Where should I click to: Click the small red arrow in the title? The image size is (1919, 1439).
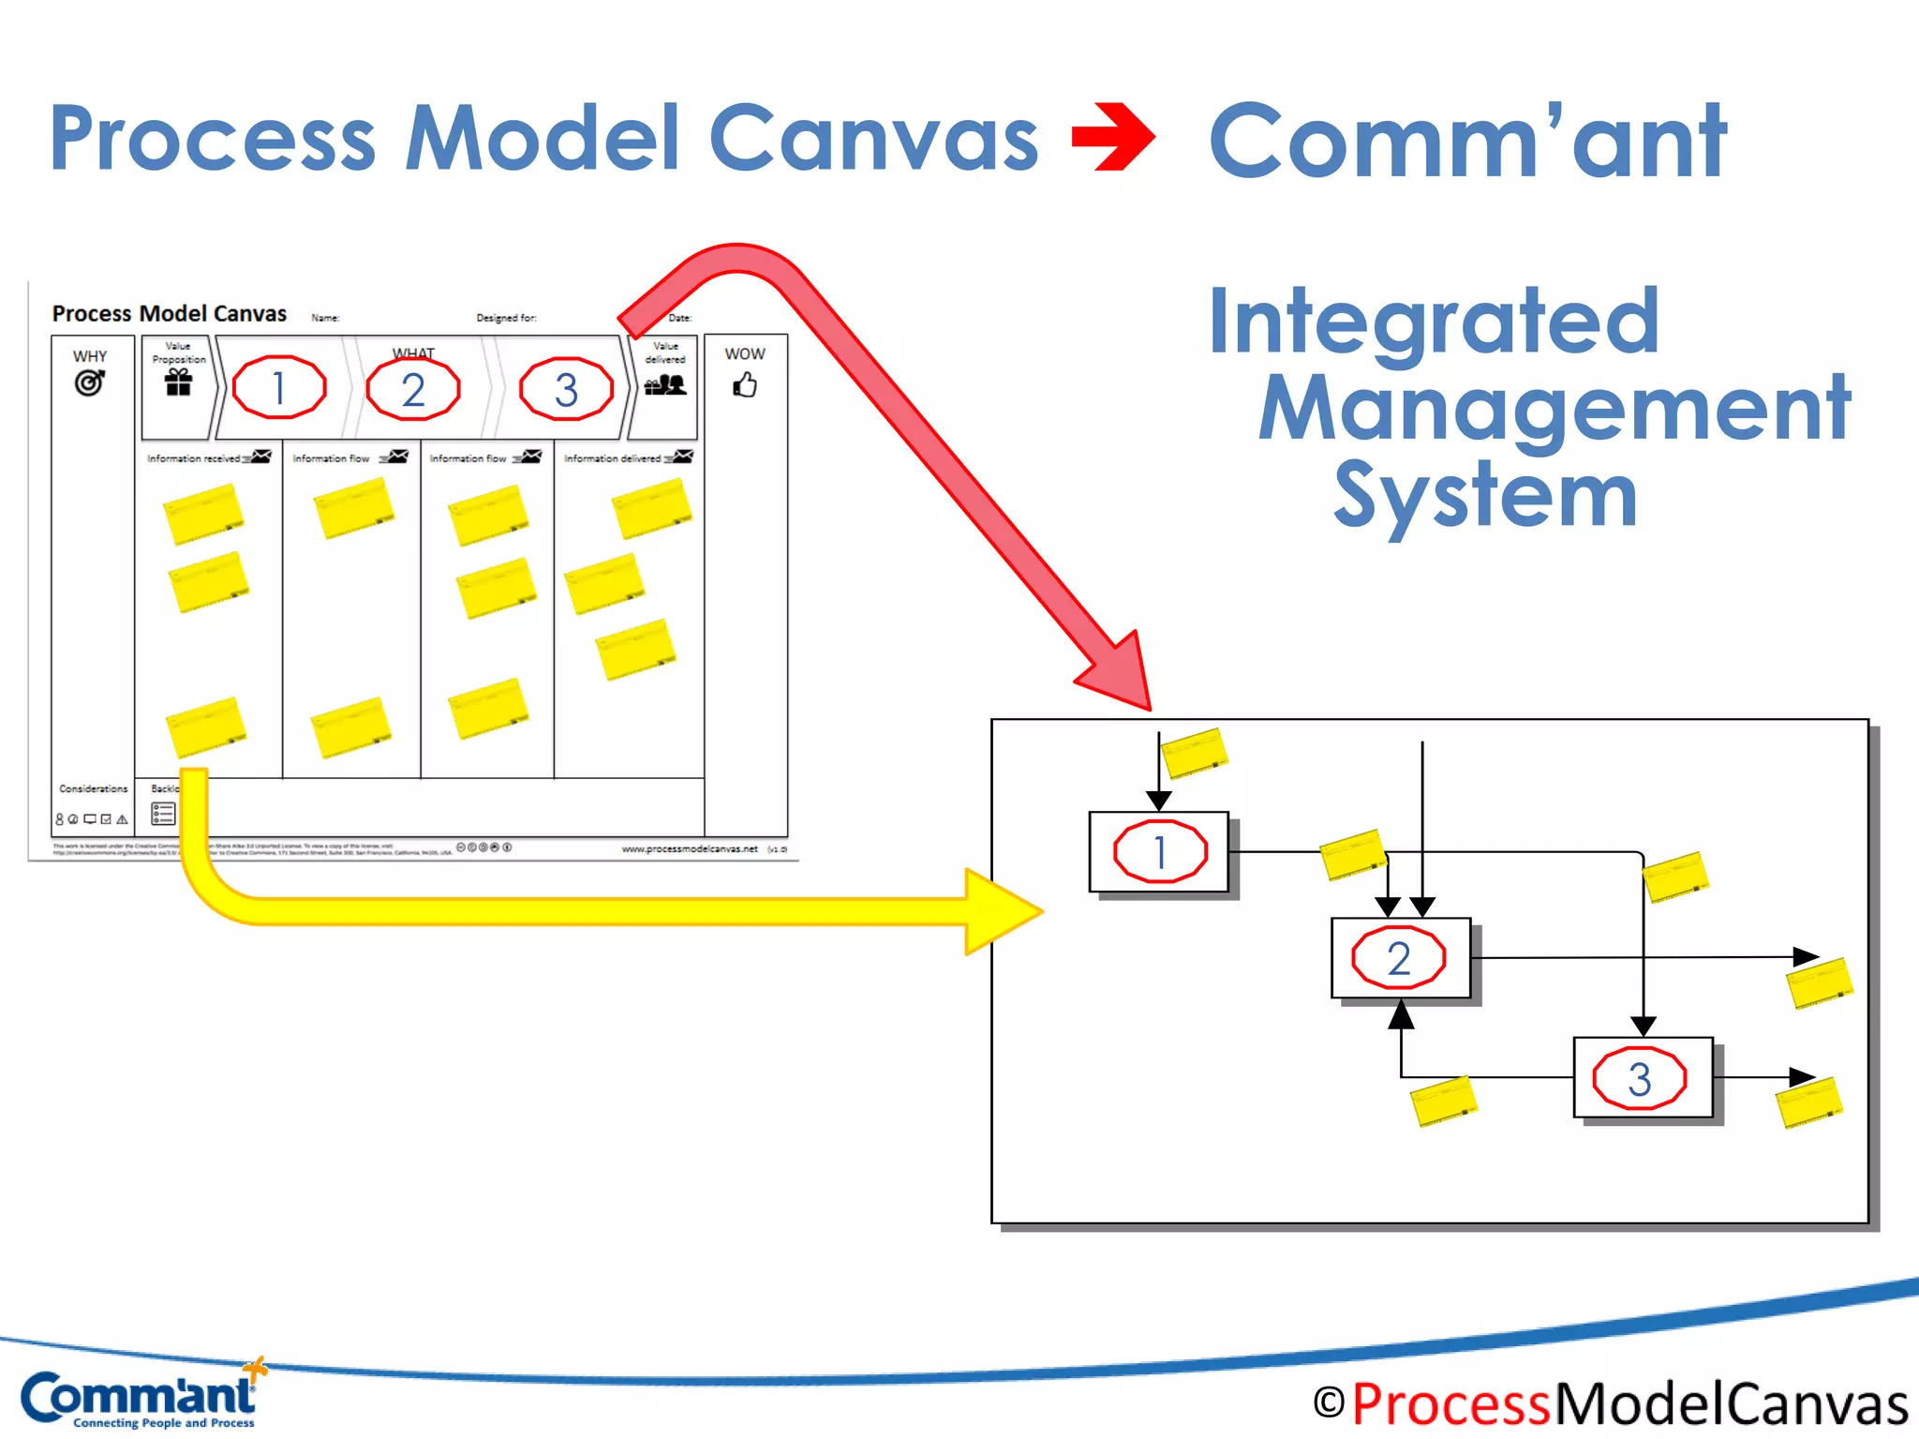click(1113, 138)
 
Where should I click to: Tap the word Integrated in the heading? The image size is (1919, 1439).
click(1434, 321)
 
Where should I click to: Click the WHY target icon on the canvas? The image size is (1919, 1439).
click(89, 382)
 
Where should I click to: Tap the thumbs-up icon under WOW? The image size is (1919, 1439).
click(745, 384)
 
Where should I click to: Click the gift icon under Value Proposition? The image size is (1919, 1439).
click(178, 382)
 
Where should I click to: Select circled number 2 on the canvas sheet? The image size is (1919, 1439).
click(413, 389)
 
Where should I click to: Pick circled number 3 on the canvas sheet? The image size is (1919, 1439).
click(566, 389)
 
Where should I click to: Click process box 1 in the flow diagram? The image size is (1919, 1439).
click(1159, 851)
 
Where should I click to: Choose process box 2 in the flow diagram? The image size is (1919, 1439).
click(1400, 957)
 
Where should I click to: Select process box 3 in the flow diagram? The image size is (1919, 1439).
click(1642, 1077)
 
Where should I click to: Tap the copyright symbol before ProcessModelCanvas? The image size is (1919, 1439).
click(1328, 1403)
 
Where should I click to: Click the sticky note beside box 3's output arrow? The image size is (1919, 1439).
click(1809, 1102)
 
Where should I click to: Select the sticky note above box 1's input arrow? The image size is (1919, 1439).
click(1194, 753)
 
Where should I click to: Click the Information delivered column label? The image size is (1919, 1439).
click(612, 458)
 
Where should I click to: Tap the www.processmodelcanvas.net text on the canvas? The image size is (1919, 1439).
click(690, 848)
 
